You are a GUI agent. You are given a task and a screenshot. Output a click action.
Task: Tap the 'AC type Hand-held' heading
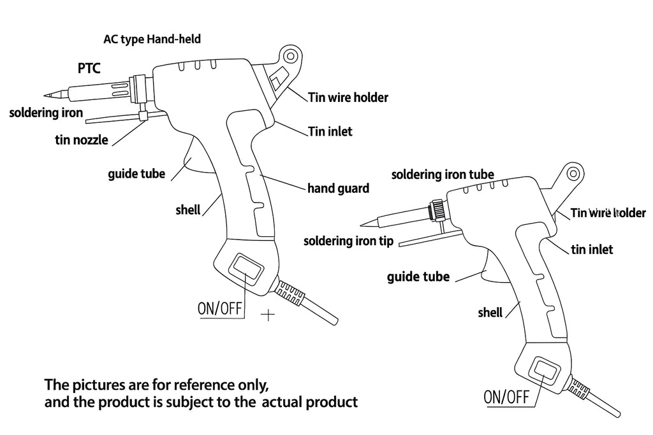point(152,39)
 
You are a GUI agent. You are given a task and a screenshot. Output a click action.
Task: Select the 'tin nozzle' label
point(81,140)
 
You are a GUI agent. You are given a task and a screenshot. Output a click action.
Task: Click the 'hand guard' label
point(338,189)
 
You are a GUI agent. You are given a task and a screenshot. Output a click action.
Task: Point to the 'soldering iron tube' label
point(443,174)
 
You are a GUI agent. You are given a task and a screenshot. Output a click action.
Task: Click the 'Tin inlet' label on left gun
point(330,132)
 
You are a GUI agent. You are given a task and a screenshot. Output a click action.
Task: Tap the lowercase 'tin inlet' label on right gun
point(592,249)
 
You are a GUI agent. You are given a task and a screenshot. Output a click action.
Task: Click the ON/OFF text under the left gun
point(221,310)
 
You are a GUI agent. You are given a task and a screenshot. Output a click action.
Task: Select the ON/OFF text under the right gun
point(507,398)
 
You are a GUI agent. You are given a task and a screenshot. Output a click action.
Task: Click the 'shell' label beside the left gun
point(187,210)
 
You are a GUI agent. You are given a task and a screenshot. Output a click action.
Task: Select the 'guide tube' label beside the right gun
point(418,276)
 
